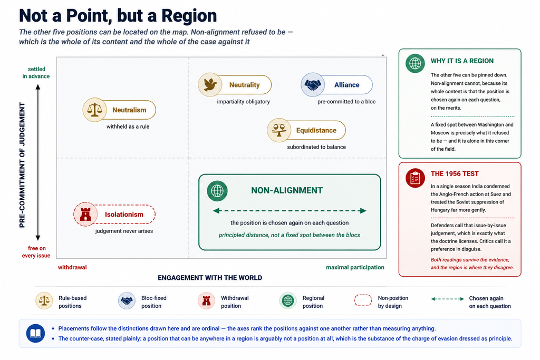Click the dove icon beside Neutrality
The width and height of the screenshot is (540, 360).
(210, 85)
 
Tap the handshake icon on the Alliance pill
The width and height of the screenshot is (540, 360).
(313, 85)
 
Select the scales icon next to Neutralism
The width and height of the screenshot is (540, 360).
(94, 110)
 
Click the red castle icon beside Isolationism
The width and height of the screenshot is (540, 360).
(85, 214)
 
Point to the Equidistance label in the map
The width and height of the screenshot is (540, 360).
(316, 130)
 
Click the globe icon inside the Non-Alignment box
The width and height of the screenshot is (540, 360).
(217, 191)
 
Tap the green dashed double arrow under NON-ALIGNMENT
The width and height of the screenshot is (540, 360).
(290, 211)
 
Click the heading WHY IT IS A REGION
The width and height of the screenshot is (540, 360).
(462, 61)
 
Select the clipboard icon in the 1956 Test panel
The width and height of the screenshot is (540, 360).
(415, 178)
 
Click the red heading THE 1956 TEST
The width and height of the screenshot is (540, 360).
(455, 174)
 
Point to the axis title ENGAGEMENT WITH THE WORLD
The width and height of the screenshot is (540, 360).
(210, 278)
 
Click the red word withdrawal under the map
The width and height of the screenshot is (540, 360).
(72, 267)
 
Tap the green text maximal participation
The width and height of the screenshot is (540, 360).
(355, 267)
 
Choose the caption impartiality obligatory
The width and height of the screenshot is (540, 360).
(243, 102)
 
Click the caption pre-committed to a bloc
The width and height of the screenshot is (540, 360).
(346, 102)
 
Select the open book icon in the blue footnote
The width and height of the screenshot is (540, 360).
(35, 333)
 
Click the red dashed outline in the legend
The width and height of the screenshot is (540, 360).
(363, 300)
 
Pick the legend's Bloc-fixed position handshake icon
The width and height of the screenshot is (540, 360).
(127, 301)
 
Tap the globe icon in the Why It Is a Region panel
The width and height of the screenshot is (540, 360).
(415, 63)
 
